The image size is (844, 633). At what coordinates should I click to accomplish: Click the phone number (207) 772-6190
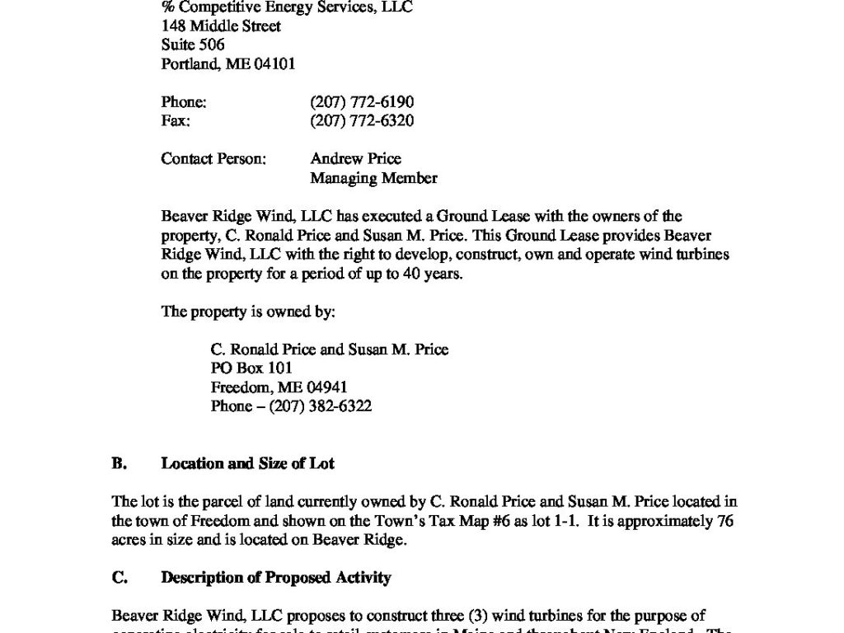(x=362, y=102)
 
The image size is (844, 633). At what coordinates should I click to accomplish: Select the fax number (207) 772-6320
(x=362, y=121)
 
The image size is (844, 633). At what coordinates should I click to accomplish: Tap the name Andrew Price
(x=355, y=159)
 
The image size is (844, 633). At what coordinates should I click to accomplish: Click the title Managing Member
(x=373, y=178)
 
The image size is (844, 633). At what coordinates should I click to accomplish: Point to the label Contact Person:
(x=213, y=159)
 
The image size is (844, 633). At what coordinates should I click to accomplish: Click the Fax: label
(x=176, y=121)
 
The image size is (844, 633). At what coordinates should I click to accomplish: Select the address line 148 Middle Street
(x=221, y=26)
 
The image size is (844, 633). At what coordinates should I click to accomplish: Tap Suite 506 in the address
(x=192, y=45)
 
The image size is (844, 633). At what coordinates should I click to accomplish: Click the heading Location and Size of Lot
(x=247, y=464)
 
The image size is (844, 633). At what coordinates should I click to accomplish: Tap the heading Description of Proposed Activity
(x=275, y=578)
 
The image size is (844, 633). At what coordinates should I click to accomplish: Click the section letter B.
(x=119, y=464)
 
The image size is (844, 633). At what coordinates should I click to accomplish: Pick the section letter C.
(x=119, y=578)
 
